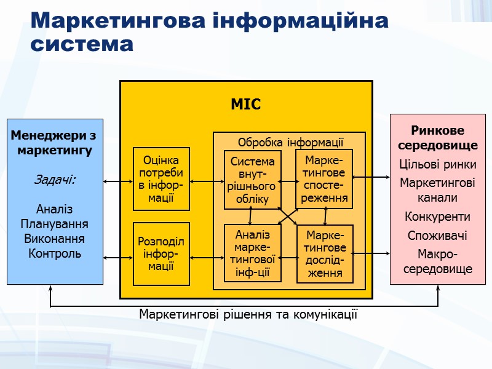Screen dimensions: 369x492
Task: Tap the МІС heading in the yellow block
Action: (245, 105)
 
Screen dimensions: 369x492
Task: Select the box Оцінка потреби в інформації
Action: (162, 178)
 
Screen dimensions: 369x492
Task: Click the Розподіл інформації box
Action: (161, 253)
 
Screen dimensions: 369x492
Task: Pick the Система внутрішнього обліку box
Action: (252, 180)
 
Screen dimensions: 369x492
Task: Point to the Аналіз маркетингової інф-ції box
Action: (252, 253)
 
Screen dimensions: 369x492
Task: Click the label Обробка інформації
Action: (290, 142)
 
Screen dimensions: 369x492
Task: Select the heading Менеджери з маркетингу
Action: (55, 142)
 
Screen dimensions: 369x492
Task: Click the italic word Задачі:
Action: (55, 180)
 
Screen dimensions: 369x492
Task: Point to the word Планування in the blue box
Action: (55, 224)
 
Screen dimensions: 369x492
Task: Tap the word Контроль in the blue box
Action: (55, 253)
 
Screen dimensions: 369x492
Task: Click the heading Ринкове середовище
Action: (437, 138)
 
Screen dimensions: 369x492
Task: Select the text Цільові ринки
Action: (437, 165)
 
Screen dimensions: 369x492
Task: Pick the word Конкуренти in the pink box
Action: (437, 217)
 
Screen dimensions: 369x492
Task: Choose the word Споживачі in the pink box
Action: (437, 236)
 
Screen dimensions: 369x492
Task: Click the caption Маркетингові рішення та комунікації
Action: (248, 314)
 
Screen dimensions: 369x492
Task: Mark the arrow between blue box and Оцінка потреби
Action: (118, 181)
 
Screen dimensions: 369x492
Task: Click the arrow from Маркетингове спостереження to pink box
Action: (371, 177)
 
